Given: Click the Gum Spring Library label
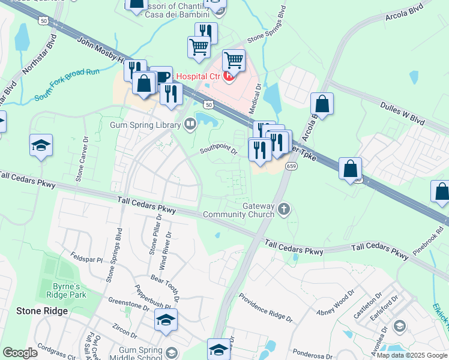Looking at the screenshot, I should pos(145,125).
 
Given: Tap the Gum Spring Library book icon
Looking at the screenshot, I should pos(190,125).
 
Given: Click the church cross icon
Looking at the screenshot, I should pos(284,209).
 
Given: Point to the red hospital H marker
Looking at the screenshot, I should pos(229,76).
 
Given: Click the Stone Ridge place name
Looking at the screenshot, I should pos(41,311).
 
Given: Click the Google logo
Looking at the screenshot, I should pos(20,353).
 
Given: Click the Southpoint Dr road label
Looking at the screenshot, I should pos(219,148).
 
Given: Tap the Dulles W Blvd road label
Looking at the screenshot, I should pos(402,112).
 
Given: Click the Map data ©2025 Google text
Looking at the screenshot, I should pos(412,355).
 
